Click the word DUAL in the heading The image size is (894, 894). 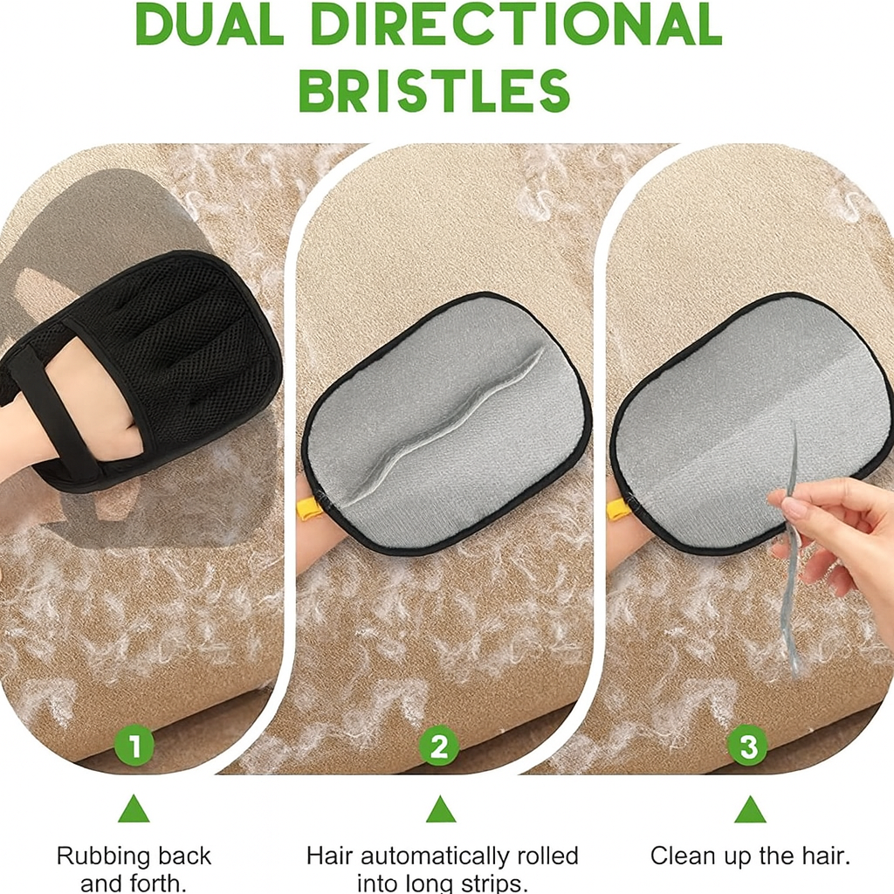(210, 24)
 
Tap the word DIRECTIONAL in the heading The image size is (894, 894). (517, 24)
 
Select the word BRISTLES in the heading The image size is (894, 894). (435, 91)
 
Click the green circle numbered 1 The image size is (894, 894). (134, 746)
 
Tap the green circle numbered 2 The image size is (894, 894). (439, 746)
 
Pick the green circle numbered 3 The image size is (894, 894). (748, 746)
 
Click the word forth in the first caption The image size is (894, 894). (161, 884)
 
